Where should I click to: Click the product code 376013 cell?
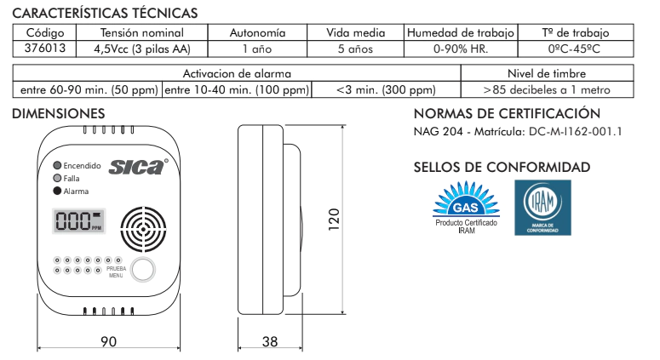(44, 49)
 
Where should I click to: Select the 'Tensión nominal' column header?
(142, 33)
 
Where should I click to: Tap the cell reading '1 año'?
(257, 49)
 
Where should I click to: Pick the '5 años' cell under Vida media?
(355, 49)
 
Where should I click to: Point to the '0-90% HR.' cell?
(461, 49)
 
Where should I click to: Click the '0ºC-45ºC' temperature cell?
(576, 49)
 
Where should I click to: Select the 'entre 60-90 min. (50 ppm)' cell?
(88, 89)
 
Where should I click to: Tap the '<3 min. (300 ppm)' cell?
(386, 89)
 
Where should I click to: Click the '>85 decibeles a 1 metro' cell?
(548, 89)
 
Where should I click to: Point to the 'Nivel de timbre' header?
(548, 73)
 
